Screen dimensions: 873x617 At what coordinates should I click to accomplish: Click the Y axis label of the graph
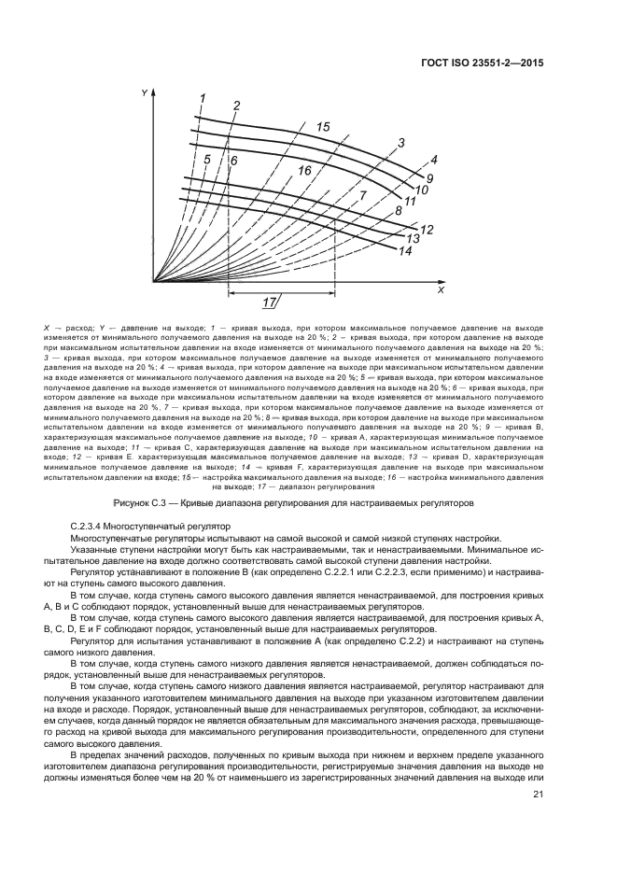[145, 93]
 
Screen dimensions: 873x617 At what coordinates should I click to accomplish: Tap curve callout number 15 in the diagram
[323, 126]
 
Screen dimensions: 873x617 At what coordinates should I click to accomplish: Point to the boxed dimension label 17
[269, 302]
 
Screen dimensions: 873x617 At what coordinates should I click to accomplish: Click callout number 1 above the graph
[203, 98]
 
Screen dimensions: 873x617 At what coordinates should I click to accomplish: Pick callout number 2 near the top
[237, 106]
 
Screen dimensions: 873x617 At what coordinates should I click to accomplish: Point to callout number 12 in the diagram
[427, 229]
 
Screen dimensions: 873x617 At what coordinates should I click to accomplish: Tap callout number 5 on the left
[207, 160]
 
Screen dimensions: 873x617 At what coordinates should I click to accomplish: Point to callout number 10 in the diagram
[421, 190]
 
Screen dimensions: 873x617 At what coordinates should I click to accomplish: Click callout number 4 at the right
[433, 160]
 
